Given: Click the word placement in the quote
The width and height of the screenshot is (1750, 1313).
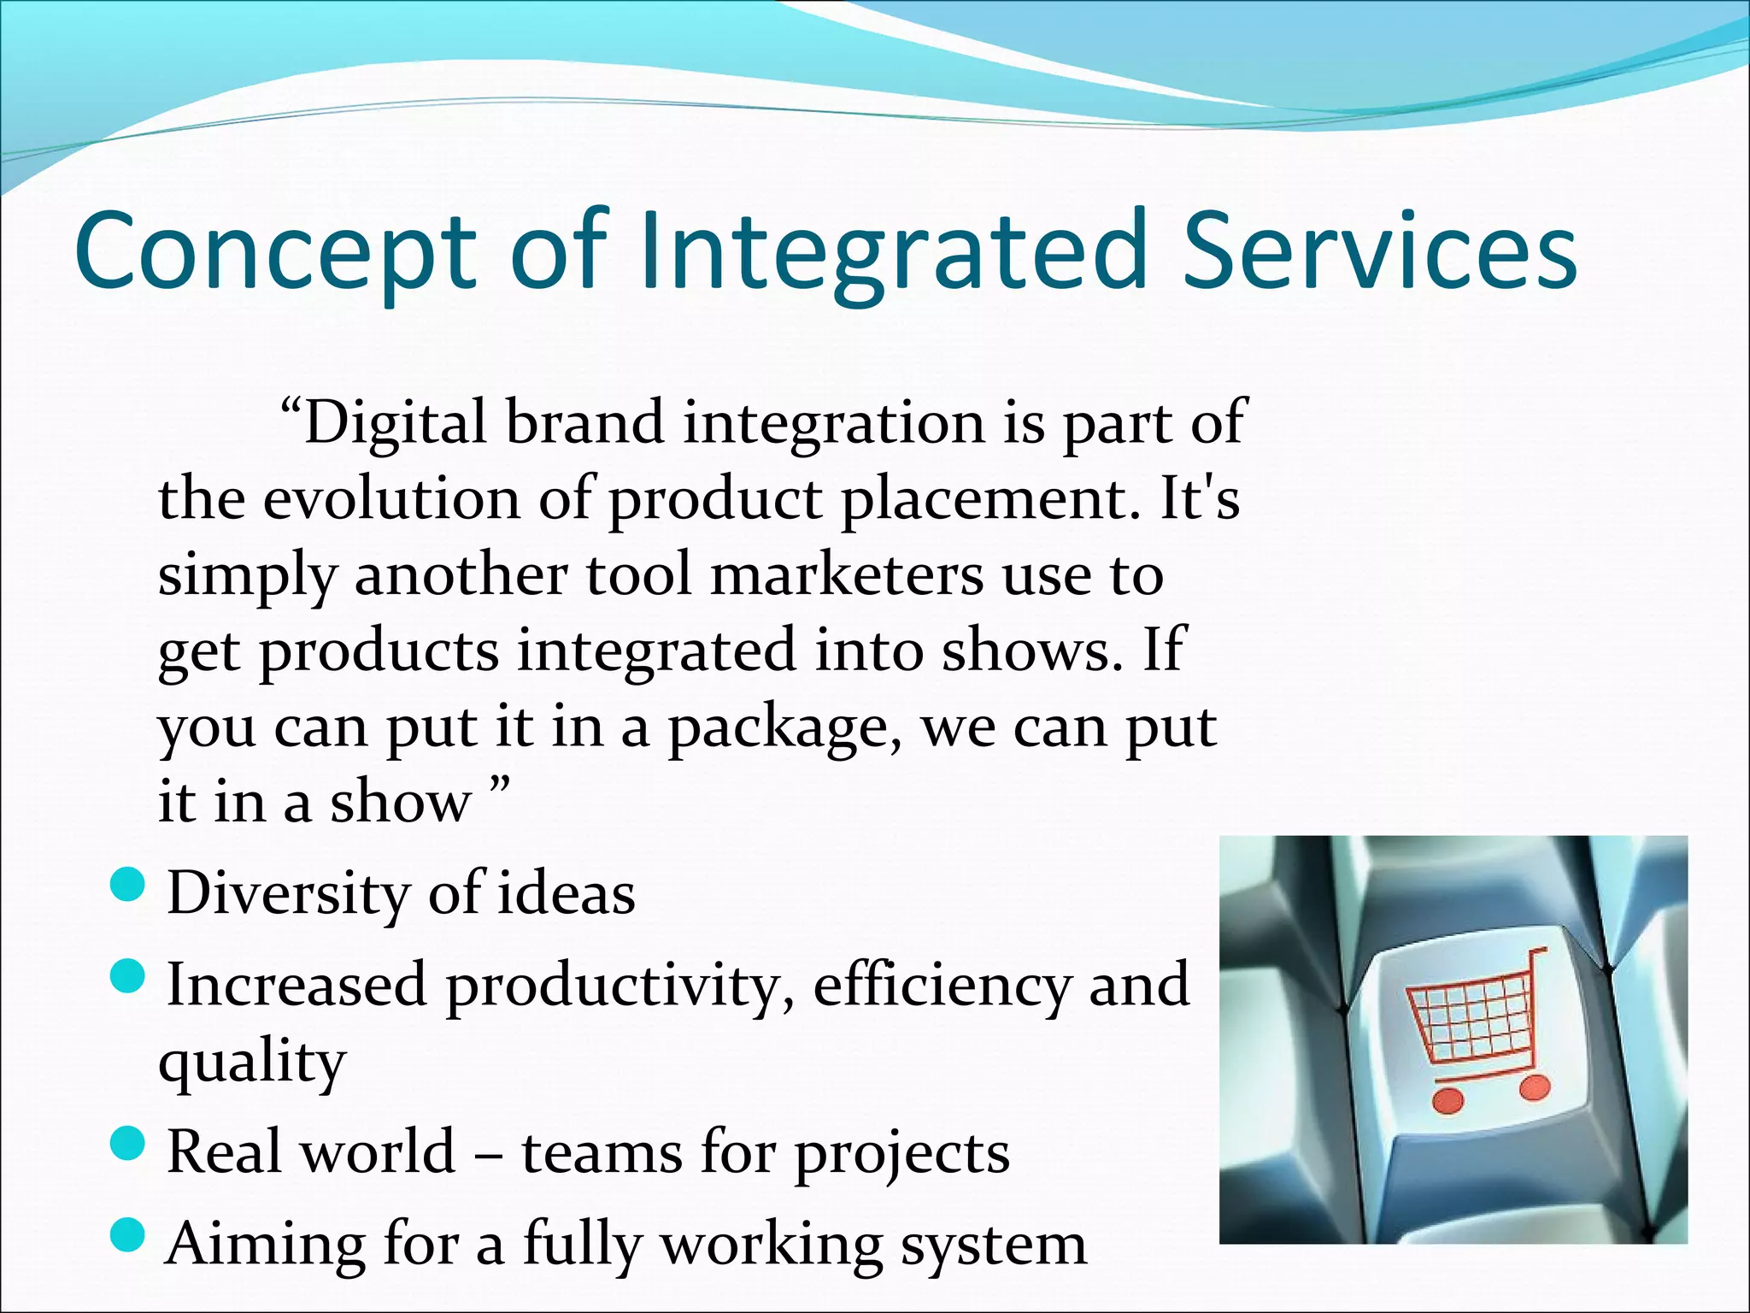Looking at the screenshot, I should pyautogui.click(x=991, y=501).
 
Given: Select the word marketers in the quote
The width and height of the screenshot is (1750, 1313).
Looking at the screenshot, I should pyautogui.click(x=846, y=575).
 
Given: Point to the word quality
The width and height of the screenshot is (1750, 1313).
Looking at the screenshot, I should pyautogui.click(x=252, y=1063).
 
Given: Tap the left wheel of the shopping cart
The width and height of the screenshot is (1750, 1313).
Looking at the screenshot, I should pyautogui.click(x=1448, y=1099).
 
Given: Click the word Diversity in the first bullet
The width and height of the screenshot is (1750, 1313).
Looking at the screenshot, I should pyautogui.click(x=287, y=894).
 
